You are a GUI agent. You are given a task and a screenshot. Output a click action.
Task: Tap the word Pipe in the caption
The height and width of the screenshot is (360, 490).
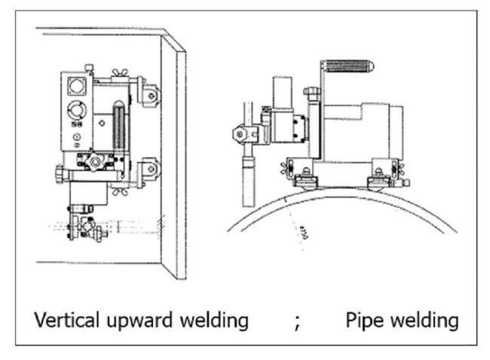363,320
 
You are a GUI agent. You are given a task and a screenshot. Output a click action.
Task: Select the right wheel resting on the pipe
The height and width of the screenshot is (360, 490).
377,179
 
